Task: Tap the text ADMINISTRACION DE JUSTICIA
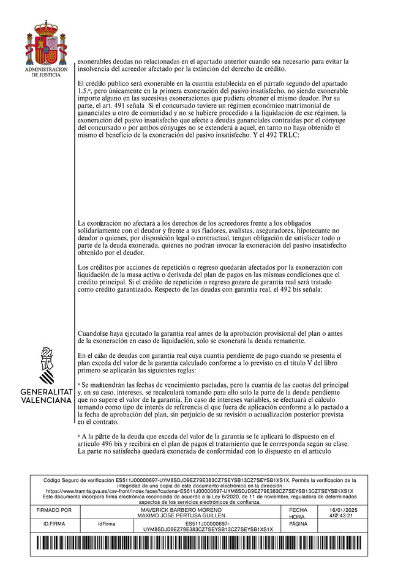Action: pyautogui.click(x=46, y=72)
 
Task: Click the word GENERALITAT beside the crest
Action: pyautogui.click(x=46, y=391)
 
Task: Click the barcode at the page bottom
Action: pyautogui.click(x=198, y=544)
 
